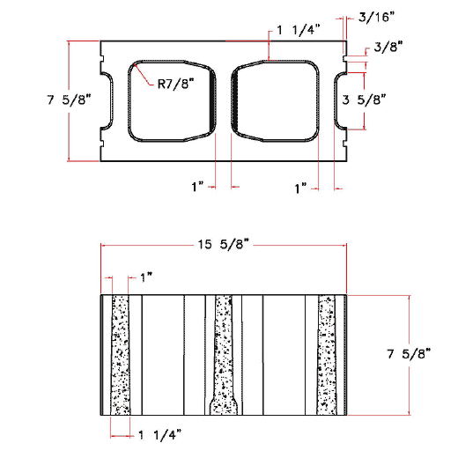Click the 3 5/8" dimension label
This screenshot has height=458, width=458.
point(362,100)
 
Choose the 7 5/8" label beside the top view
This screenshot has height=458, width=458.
point(31,100)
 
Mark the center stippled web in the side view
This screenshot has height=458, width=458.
point(224,352)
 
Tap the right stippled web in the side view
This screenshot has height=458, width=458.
point(328,355)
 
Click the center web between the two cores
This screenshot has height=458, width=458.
point(224,102)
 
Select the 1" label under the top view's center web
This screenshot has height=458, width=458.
point(197,187)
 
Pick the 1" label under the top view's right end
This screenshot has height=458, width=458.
point(300,187)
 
